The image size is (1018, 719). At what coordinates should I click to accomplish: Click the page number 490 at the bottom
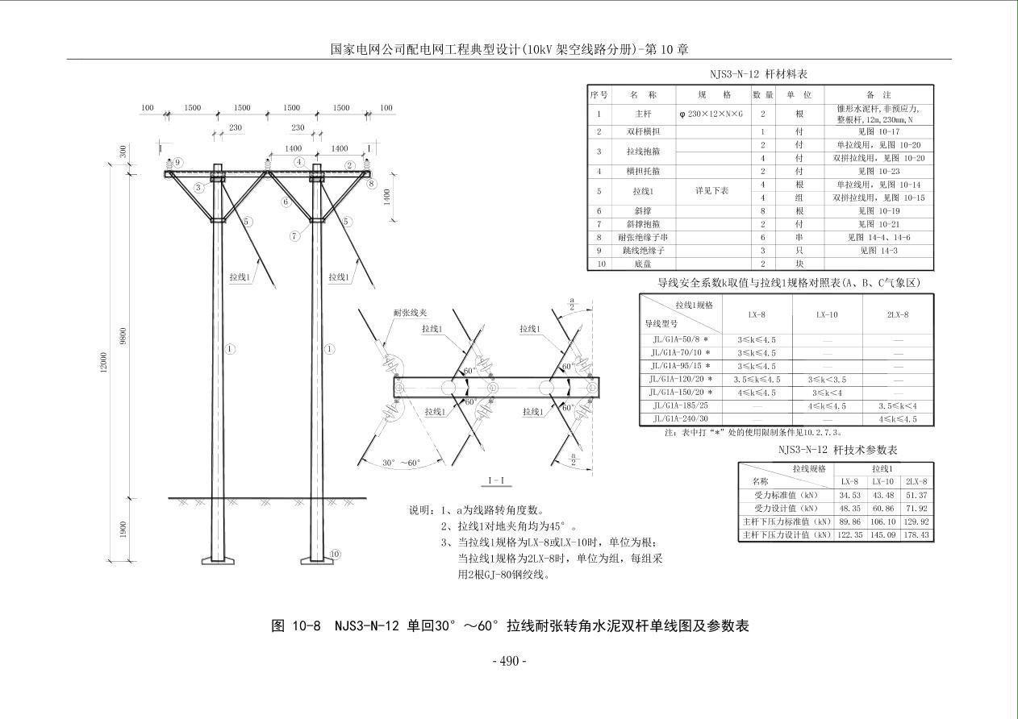tap(509, 661)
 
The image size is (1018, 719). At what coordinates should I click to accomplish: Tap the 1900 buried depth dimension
tap(123, 530)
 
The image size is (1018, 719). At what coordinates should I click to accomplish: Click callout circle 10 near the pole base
tap(335, 554)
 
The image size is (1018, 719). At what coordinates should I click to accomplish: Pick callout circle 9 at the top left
tap(178, 162)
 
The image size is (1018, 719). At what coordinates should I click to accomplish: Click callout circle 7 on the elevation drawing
tap(295, 236)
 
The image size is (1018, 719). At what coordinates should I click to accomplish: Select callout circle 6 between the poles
tap(286, 202)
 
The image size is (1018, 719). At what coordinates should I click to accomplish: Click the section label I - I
tap(496, 481)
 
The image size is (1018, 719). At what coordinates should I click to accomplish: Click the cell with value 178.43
tap(916, 534)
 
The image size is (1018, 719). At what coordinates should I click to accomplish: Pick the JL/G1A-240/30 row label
tap(680, 418)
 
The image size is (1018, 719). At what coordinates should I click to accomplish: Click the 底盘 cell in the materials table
tap(643, 264)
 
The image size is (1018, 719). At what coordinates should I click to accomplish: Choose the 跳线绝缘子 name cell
tap(643, 251)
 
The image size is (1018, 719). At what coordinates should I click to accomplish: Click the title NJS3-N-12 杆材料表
tap(758, 74)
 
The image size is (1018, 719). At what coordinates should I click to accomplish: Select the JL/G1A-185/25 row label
tap(680, 405)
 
